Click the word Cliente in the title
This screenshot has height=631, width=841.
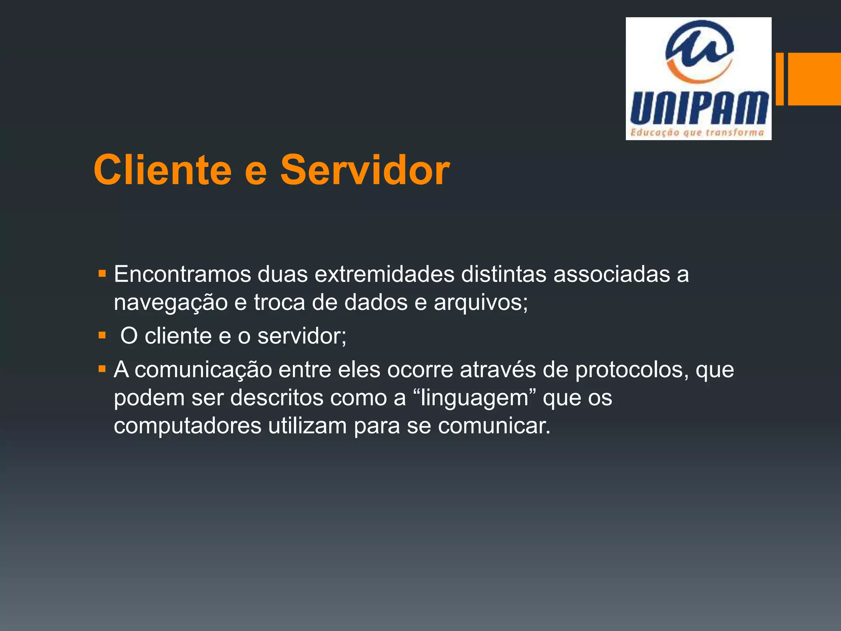pyautogui.click(x=163, y=170)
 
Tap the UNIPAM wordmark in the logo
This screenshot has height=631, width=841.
pyautogui.click(x=699, y=108)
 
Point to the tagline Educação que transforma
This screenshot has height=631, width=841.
pyautogui.click(x=697, y=132)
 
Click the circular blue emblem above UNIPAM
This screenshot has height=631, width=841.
pyautogui.click(x=699, y=50)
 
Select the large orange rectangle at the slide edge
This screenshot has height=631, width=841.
pyautogui.click(x=814, y=79)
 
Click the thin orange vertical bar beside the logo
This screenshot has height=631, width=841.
pyautogui.click(x=779, y=79)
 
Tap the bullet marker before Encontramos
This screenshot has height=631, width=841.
pyautogui.click(x=102, y=273)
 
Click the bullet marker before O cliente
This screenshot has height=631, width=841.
pyautogui.click(x=102, y=336)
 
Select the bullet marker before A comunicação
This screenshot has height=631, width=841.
pyautogui.click(x=102, y=368)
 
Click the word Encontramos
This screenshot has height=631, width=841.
pyautogui.click(x=182, y=274)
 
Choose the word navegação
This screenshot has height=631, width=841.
pyautogui.click(x=170, y=303)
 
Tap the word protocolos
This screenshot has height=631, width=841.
pyautogui.click(x=631, y=370)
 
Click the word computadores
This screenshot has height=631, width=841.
pyautogui.click(x=187, y=426)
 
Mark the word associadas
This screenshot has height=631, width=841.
pyautogui.click(x=611, y=274)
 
